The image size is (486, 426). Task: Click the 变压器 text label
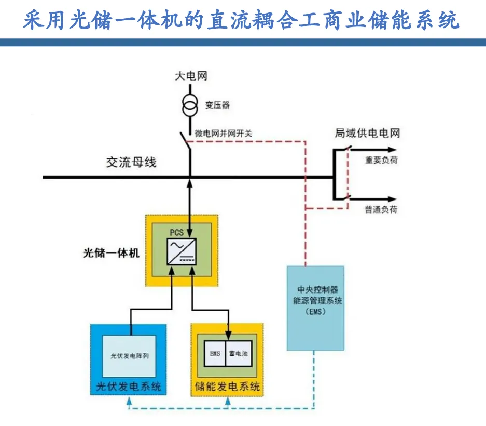[x=217, y=105]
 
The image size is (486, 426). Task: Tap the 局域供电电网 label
[x=367, y=134]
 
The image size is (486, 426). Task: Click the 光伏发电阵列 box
[x=130, y=356]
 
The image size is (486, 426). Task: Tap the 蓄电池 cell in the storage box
[x=239, y=354]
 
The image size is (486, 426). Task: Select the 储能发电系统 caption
[x=227, y=387]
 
